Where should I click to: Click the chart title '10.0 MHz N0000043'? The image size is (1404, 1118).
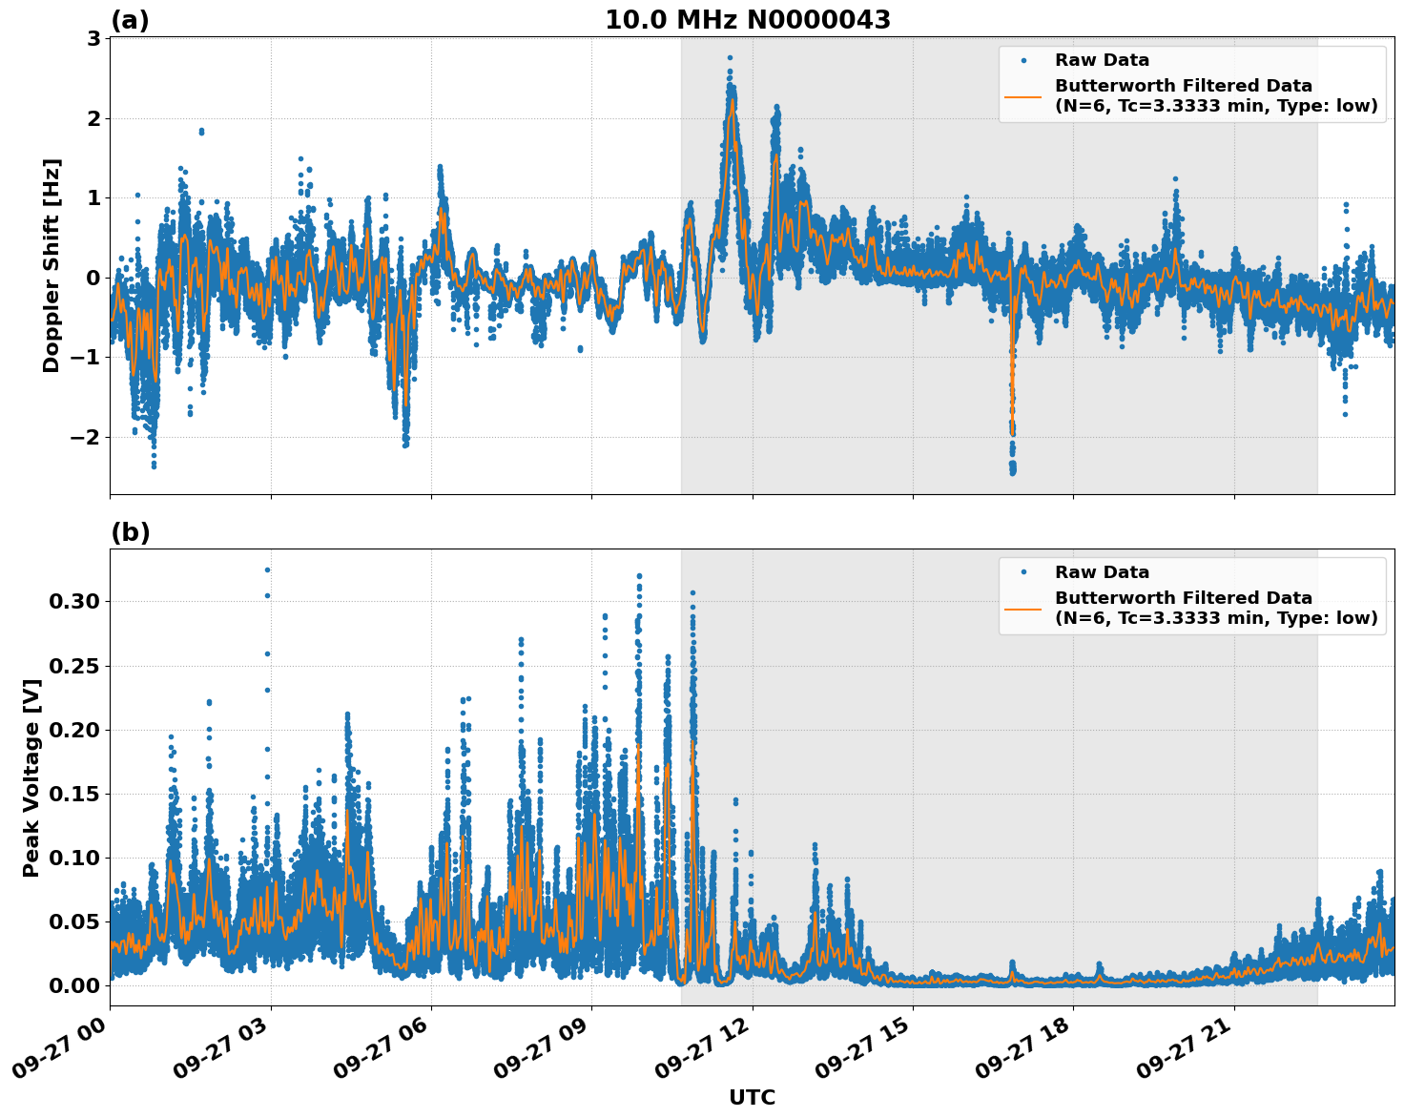tap(748, 20)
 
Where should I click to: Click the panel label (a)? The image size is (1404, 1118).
tap(130, 20)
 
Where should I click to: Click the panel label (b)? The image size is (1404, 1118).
tap(130, 532)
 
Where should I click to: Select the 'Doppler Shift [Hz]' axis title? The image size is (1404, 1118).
tap(52, 265)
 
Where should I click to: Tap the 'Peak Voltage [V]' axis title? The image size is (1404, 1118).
tap(31, 777)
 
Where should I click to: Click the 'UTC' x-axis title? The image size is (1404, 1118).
tap(752, 1097)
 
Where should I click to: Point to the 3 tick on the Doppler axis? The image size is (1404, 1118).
tap(93, 38)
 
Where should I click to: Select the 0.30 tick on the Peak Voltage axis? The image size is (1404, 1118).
tap(74, 601)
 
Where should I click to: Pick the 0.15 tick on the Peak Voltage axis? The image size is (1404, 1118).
tap(74, 794)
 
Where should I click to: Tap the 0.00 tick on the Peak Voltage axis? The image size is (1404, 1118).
tap(74, 985)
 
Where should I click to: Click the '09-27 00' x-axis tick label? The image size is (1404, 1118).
tap(59, 1054)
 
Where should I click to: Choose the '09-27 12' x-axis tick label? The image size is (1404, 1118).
tap(702, 1054)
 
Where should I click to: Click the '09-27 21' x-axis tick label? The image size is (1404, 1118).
tap(1184, 1054)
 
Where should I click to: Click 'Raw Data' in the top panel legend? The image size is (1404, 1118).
tap(1102, 60)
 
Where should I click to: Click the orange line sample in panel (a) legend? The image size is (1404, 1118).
tap(1022, 95)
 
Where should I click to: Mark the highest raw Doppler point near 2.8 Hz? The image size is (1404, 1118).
tap(730, 58)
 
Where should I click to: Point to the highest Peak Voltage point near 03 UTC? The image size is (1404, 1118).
tap(267, 569)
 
